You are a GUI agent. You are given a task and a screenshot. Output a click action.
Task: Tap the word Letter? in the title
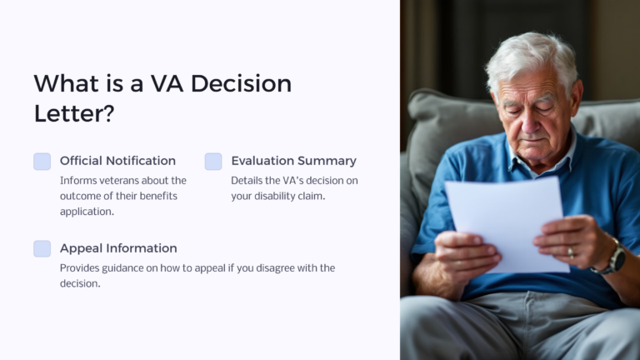[x=73, y=113]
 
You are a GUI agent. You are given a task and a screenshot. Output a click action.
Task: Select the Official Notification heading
[x=117, y=161]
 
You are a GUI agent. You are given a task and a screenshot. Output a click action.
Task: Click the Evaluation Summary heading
[x=293, y=161]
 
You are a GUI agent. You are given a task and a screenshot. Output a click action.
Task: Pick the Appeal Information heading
[x=118, y=248]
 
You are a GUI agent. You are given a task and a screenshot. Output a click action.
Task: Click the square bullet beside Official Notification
[x=42, y=162]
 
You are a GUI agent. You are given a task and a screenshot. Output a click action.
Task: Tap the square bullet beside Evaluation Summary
[x=213, y=162]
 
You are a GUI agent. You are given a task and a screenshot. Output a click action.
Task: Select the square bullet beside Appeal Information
[x=42, y=248]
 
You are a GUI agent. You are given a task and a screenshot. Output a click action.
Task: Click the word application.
[x=87, y=212]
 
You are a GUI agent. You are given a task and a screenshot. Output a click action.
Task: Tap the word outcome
[x=83, y=196]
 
